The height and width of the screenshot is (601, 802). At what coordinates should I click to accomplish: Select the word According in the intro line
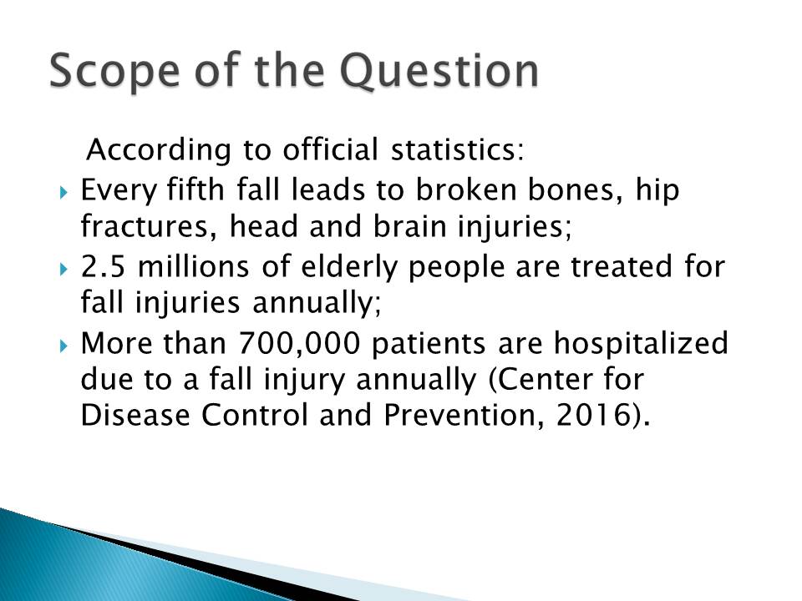click(159, 151)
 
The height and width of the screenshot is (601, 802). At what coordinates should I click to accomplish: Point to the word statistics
click(457, 149)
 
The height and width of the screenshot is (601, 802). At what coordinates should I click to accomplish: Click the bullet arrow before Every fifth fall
click(63, 193)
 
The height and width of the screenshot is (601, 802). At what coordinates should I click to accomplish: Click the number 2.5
click(103, 267)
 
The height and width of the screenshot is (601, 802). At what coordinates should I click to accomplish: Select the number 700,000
click(299, 344)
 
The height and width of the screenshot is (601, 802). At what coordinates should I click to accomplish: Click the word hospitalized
click(641, 344)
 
